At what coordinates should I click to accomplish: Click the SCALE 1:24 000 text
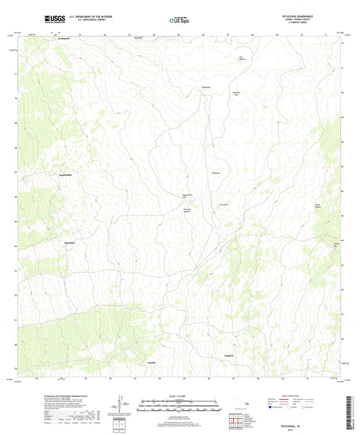(179, 395)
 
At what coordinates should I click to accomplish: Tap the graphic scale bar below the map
(179, 407)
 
